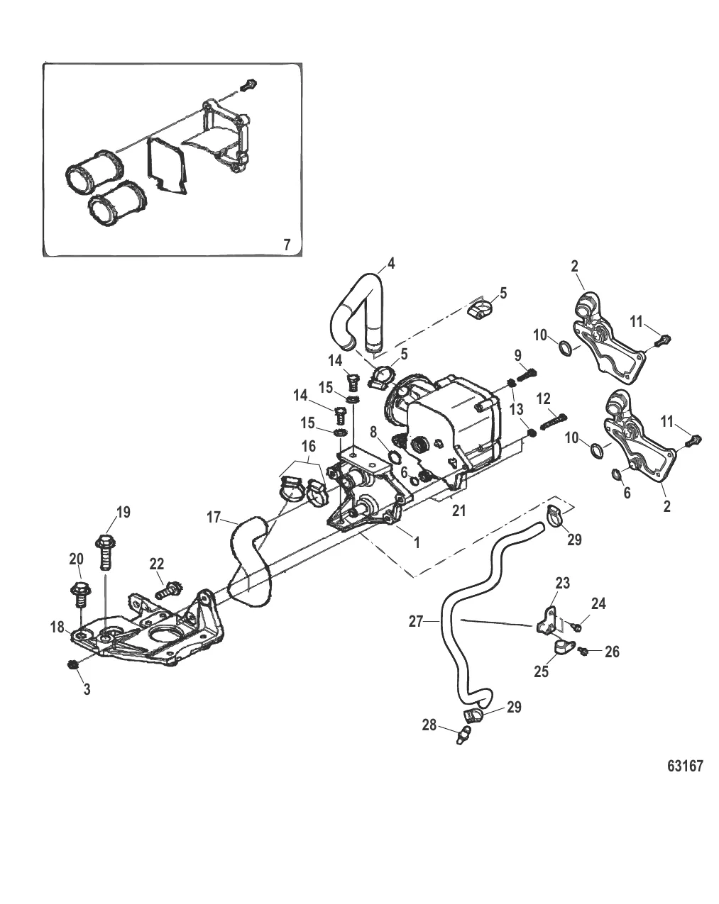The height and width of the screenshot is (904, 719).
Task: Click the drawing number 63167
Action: [685, 766]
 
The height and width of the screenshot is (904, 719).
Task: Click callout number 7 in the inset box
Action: [287, 245]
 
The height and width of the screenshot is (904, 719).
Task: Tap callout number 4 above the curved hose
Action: [390, 264]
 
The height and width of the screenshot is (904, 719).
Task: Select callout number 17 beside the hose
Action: [214, 518]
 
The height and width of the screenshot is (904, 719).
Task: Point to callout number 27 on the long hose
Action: [416, 621]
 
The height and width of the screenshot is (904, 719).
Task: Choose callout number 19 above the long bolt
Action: [124, 512]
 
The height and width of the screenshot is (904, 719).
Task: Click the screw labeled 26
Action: [584, 651]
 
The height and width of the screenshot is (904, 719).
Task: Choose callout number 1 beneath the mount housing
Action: [417, 542]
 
